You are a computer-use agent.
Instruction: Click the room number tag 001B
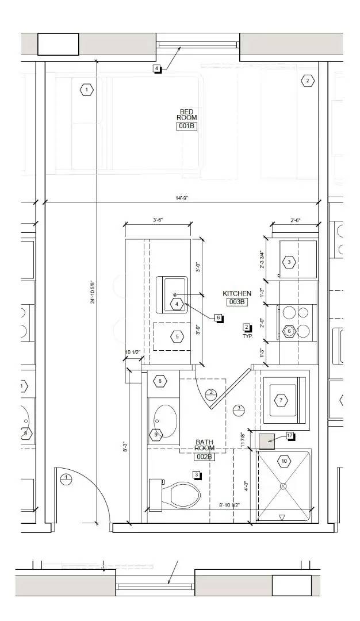point(186,126)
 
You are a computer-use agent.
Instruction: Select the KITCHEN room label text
point(237,294)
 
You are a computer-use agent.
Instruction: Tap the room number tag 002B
point(204,457)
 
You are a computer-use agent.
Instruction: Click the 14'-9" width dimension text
point(182,198)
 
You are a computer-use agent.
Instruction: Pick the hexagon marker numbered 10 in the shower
point(284,461)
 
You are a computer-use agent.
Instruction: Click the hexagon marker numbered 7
point(281,400)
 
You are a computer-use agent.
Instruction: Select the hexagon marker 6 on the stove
point(289,331)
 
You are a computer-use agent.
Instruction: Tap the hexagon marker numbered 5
point(177,336)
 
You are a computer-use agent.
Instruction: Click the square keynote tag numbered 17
point(290,436)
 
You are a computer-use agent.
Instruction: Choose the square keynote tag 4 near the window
point(157,69)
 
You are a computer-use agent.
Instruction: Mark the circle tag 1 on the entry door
point(66,478)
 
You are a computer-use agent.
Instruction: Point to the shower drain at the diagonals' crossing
point(283,486)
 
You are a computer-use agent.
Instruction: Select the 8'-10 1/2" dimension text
point(229,505)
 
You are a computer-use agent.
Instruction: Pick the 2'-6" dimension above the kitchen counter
point(296,220)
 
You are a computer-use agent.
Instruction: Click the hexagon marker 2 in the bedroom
point(308,81)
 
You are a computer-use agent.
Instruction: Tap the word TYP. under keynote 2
point(247,335)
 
